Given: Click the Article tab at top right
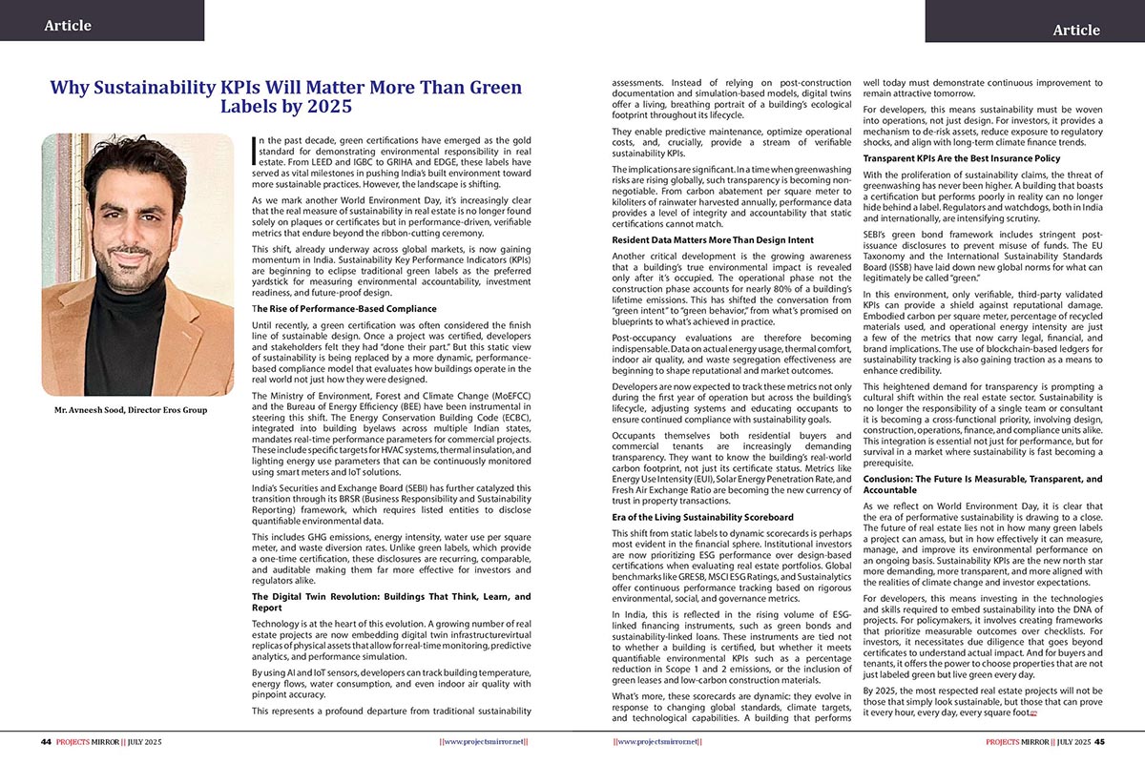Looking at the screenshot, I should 1075,30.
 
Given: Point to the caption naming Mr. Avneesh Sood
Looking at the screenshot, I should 130,410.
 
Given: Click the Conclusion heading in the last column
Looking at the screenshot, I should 982,484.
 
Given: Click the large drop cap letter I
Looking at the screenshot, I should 253,151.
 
